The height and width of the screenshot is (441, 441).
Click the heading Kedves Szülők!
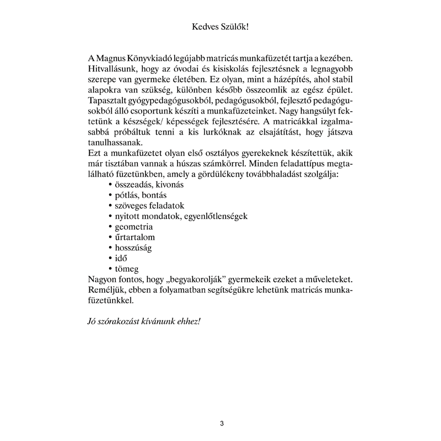point(220,26)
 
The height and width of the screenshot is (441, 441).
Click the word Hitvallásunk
point(113,68)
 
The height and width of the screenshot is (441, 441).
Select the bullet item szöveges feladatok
point(149,206)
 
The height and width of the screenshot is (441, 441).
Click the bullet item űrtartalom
point(135,237)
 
